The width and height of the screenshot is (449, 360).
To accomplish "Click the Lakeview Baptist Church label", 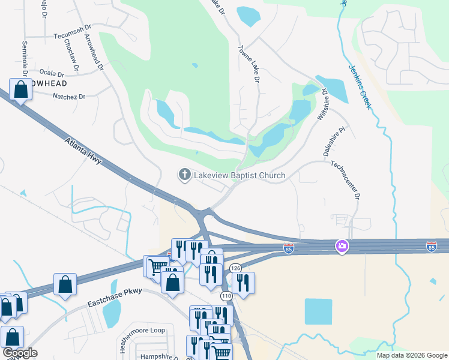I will (x=239, y=175).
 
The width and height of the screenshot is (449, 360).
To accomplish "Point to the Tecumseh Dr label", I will (x=71, y=35).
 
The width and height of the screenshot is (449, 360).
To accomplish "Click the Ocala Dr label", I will (x=61, y=71).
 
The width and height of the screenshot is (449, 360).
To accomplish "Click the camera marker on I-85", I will (x=342, y=246).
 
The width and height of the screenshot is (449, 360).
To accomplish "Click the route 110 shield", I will (x=226, y=296).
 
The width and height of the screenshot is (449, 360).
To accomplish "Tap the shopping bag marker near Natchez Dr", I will (x=20, y=90).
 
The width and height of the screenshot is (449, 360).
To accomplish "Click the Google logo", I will (x=20, y=353).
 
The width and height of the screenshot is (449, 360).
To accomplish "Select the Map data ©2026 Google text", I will (x=411, y=355).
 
